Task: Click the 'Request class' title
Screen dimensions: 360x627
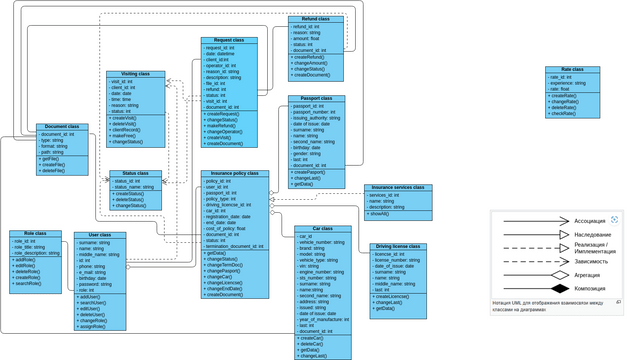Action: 229,41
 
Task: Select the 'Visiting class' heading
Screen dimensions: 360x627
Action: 136,75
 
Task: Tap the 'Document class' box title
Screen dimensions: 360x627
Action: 62,127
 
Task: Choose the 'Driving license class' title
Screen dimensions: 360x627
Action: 398,246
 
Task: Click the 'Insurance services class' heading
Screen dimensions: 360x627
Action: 398,188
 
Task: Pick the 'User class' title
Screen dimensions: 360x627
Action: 100,235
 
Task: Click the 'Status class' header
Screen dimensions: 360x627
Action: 135,174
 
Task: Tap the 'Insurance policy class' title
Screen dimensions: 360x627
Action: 235,174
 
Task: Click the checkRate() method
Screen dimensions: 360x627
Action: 563,113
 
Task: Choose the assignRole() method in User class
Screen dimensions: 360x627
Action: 92,327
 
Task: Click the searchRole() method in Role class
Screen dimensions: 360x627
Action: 27,284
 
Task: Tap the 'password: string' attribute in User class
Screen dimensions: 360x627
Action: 95,285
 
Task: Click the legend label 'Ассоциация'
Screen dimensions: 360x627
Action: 590,222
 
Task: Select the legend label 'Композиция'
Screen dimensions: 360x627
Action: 590,289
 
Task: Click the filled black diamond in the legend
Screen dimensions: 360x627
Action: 560,289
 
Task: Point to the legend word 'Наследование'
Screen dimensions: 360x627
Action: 593,235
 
